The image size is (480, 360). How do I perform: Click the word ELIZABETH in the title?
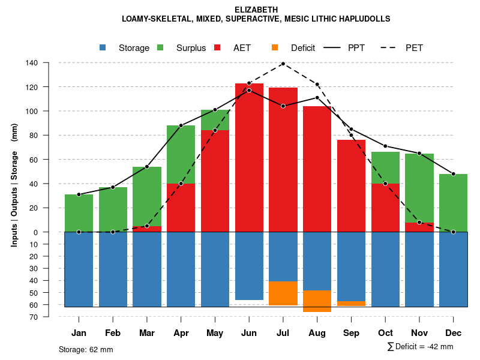coord(256,10)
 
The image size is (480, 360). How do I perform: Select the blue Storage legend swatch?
coord(104,48)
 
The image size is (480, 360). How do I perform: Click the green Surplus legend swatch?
coord(161,48)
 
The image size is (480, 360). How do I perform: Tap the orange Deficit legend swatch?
coord(275,48)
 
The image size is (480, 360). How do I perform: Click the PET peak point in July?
coord(283,64)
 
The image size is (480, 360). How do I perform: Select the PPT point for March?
coord(147,167)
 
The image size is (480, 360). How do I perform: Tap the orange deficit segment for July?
coord(283,293)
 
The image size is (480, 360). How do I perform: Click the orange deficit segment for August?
coord(317,301)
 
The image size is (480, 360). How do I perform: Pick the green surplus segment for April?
coord(181,154)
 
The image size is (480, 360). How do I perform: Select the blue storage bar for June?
coord(249,266)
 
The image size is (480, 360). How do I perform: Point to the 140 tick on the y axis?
coord(32,63)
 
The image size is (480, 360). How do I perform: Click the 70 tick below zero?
coord(34,317)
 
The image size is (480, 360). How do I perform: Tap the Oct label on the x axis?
coord(385,333)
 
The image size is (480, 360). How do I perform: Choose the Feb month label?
coord(113,333)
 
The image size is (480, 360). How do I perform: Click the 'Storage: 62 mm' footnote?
coord(86,349)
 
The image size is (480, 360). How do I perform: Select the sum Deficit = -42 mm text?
coord(420,347)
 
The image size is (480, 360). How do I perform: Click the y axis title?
coord(14,190)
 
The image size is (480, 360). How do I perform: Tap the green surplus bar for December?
coord(453,203)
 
